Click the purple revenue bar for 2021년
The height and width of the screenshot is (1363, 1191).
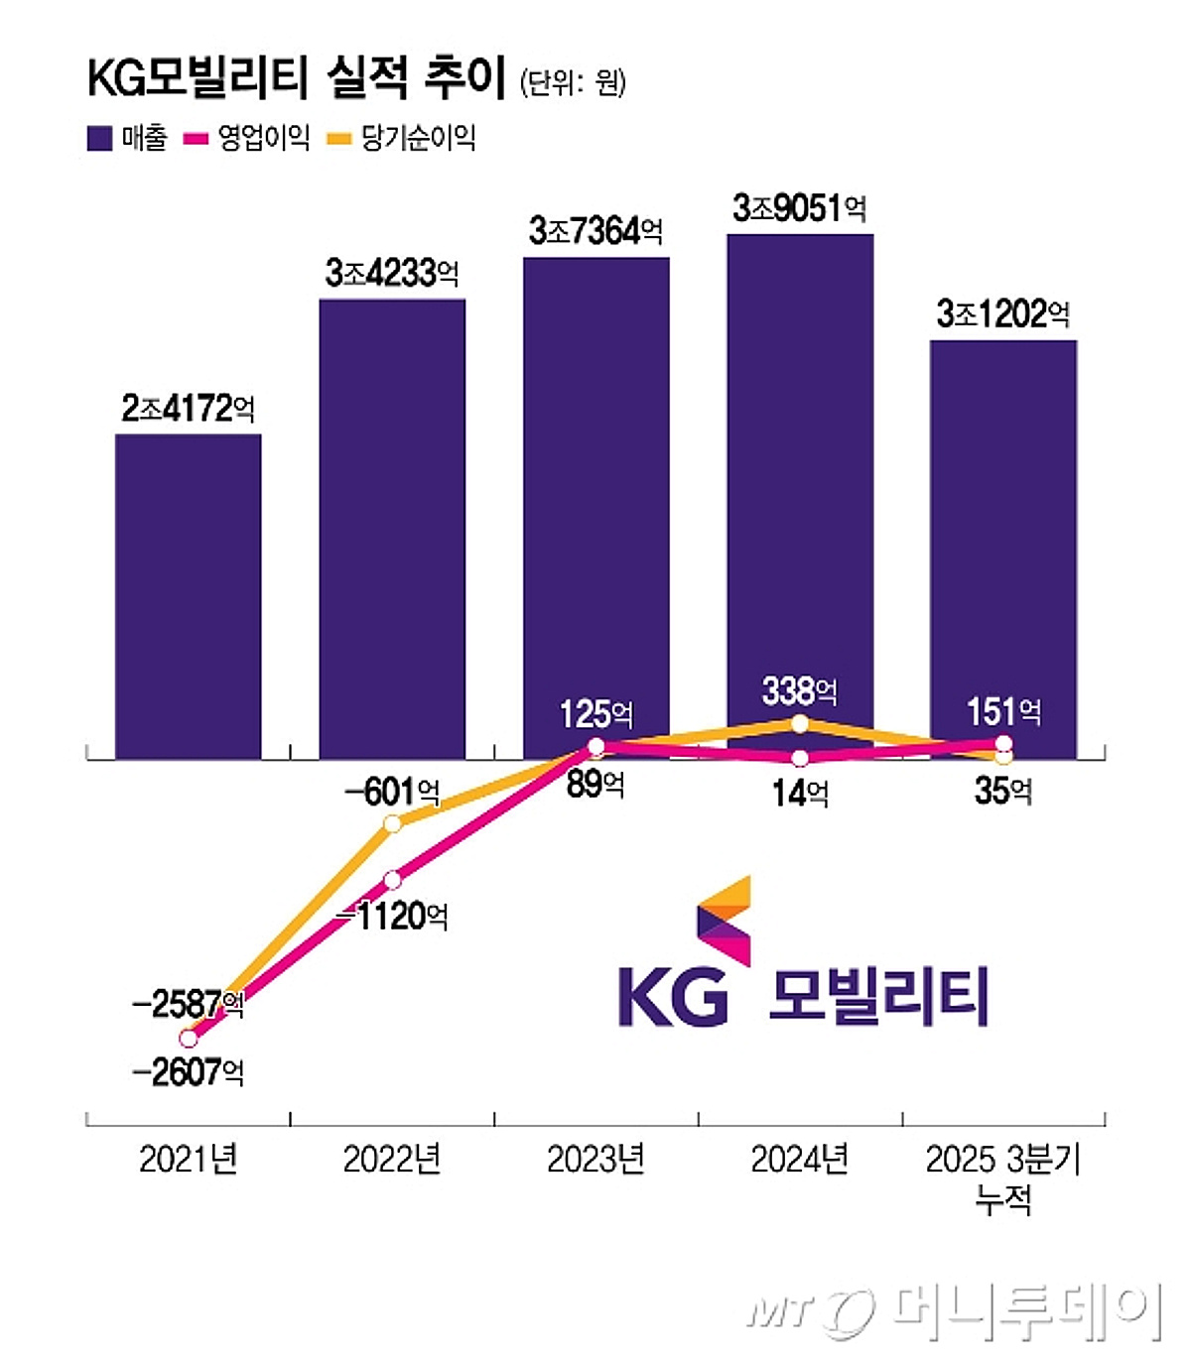189,595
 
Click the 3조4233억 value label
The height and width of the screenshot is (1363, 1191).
392,273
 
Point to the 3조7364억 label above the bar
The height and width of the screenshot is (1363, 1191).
595,231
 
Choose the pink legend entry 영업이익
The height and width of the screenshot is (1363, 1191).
247,138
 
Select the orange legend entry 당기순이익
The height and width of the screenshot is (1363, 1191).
401,138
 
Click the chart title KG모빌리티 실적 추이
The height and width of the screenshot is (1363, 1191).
297,78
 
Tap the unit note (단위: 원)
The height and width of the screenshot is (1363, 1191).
573,82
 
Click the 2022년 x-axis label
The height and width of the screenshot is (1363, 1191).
392,1159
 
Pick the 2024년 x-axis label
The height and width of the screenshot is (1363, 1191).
800,1159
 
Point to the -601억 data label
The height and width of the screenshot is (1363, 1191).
392,792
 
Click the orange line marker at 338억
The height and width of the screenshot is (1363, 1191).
800,723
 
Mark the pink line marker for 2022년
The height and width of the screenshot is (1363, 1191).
392,880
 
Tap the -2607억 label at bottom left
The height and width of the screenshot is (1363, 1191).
188,1072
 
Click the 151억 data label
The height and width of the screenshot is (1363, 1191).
1003,711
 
